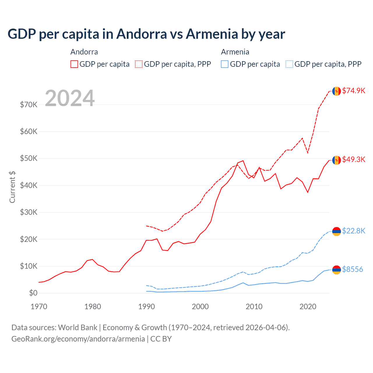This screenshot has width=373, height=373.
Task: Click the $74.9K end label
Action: pyautogui.click(x=353, y=91)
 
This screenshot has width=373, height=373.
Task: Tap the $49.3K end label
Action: pyautogui.click(x=353, y=159)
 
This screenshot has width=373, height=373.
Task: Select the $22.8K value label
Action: pyautogui.click(x=353, y=231)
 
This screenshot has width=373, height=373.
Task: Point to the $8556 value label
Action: pyautogui.click(x=352, y=269)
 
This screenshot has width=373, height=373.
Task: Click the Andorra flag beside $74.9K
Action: pyautogui.click(x=337, y=91)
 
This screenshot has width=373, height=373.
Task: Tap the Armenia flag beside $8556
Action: pyautogui.click(x=337, y=270)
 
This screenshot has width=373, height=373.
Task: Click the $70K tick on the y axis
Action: pyautogui.click(x=29, y=105)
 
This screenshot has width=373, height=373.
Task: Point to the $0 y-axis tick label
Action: pyautogui.click(x=33, y=293)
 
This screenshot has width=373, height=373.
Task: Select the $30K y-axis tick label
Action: pyautogui.click(x=29, y=212)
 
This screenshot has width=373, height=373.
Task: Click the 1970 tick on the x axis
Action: pyautogui.click(x=39, y=307)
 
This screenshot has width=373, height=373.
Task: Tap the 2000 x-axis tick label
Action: pyautogui.click(x=200, y=307)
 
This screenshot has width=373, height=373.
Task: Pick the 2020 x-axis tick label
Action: pyautogui.click(x=308, y=307)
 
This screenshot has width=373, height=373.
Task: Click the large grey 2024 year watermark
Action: pyautogui.click(x=70, y=98)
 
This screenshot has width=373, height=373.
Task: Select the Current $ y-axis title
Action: pyautogui.click(x=12, y=187)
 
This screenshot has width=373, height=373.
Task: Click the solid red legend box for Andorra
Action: pyautogui.click(x=74, y=64)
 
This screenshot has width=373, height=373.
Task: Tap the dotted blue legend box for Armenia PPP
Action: pyautogui.click(x=289, y=64)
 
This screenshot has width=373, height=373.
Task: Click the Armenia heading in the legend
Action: pyautogui.click(x=235, y=52)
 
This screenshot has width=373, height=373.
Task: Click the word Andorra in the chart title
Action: pyautogui.click(x=142, y=34)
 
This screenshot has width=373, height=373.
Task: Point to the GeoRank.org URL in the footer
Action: pyautogui.click(x=78, y=339)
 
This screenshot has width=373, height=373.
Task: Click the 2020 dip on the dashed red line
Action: pyautogui.click(x=308, y=153)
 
